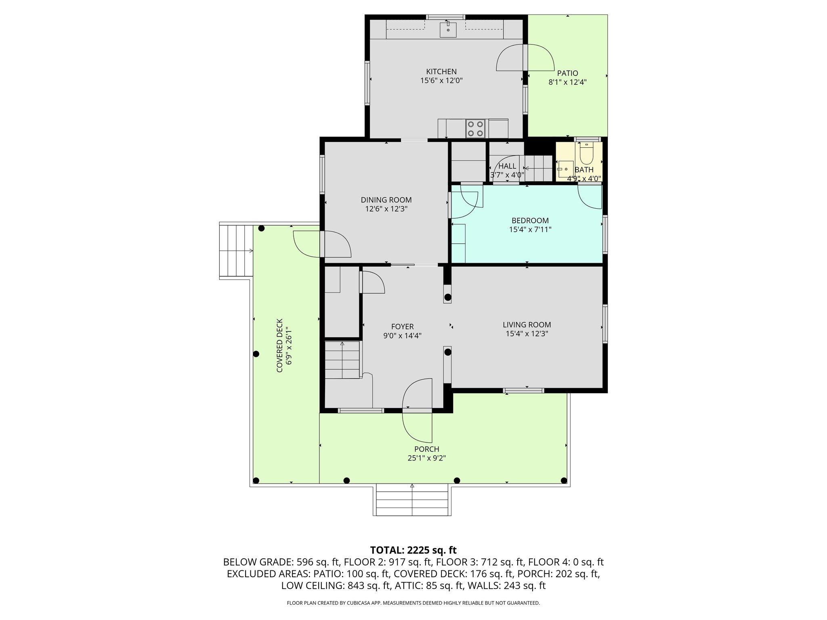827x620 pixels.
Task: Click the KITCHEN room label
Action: pos(441,72)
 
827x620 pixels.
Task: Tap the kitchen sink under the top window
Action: pos(448,30)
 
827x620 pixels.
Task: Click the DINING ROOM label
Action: pos(386,200)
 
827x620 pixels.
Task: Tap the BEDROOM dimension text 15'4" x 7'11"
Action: pos(530,230)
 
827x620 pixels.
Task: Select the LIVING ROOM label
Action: pos(527,325)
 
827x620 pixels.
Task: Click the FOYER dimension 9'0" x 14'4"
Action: pos(402,335)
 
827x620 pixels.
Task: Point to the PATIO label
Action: pos(567,73)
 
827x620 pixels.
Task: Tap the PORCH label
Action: pos(426,449)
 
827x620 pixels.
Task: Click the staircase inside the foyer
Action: pos(342,360)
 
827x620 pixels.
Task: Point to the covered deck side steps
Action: pos(236,251)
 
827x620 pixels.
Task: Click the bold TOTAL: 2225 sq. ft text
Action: pos(413,550)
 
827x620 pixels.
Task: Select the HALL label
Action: pos(507,166)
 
